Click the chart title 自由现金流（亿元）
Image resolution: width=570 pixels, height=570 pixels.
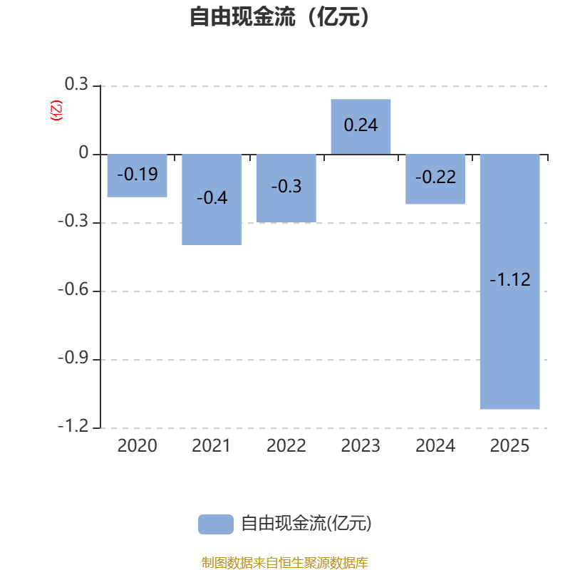coord(280,16)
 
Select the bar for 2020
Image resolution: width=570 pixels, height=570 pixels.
coord(137,175)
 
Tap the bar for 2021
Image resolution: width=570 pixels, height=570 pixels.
coord(212,199)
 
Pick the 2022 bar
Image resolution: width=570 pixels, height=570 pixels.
coord(286,188)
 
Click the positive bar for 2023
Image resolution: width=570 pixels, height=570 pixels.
coord(361,127)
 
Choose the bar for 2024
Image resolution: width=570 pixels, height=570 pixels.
coord(435,180)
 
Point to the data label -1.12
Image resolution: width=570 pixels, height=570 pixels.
coord(510,279)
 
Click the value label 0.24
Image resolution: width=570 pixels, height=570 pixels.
coord(361,125)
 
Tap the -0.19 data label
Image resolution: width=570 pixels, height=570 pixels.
coord(138,174)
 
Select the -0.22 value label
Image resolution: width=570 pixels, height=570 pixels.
coord(435,177)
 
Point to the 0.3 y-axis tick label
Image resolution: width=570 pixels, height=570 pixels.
coord(76,84)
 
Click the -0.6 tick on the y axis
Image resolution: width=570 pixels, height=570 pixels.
coord(73,289)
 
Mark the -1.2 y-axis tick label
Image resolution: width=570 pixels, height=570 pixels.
coord(73,425)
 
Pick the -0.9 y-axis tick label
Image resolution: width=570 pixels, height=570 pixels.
coord(73,358)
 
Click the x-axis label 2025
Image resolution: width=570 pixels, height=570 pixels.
coord(509,446)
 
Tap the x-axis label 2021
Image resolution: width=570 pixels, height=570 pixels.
coord(211,446)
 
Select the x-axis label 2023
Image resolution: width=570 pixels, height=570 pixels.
coord(361,446)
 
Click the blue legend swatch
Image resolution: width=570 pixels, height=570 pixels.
coord(216,524)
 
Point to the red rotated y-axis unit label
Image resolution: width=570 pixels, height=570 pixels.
coord(56,110)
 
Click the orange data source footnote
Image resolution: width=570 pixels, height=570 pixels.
coord(285,562)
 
